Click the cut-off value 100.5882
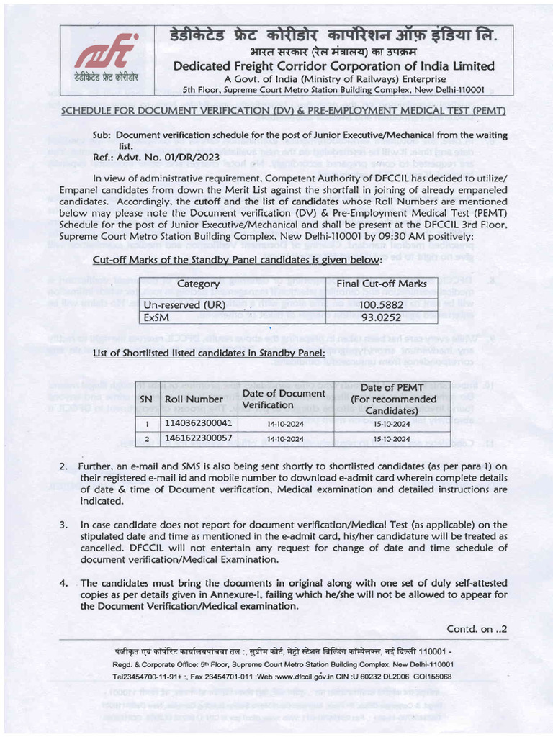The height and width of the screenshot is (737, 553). (x=382, y=304)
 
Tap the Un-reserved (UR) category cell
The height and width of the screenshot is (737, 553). (x=184, y=304)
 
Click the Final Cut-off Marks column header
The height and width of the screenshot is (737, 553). (x=382, y=284)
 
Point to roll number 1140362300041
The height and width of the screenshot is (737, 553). (x=199, y=423)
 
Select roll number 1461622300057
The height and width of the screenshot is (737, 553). (x=199, y=438)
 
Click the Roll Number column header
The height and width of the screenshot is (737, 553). (x=194, y=399)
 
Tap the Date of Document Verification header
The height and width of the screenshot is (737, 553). (x=283, y=399)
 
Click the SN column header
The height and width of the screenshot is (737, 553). (x=146, y=399)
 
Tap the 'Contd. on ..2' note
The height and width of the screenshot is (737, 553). (x=477, y=628)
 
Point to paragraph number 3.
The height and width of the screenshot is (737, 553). (x=63, y=525)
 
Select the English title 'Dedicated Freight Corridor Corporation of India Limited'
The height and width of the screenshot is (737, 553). (x=333, y=66)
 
